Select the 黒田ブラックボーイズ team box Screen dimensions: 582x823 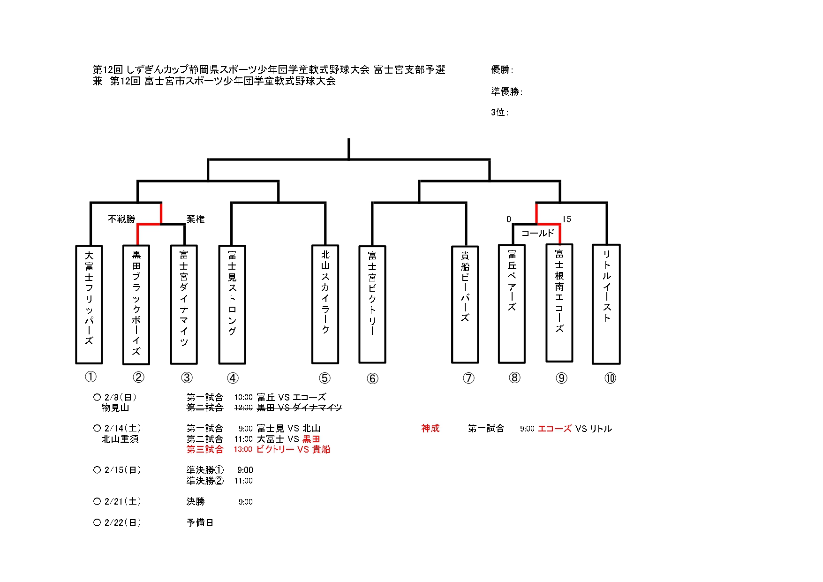(136, 304)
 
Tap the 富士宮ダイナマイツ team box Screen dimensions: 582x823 (184, 304)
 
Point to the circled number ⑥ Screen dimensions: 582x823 (372, 378)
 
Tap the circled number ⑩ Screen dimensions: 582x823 (610, 378)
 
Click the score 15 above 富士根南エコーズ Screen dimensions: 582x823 (566, 219)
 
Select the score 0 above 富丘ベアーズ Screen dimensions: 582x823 (509, 219)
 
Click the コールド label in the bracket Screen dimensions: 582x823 (537, 233)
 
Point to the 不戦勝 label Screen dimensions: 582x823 (121, 219)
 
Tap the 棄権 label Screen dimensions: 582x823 (196, 219)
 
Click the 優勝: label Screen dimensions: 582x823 (502, 70)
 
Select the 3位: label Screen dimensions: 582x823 (499, 112)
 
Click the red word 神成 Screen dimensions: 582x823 (430, 428)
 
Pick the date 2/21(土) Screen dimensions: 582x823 (122, 501)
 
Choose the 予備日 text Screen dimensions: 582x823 (200, 522)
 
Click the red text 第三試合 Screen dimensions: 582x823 (205, 449)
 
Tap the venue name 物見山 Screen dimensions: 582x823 (115, 408)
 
